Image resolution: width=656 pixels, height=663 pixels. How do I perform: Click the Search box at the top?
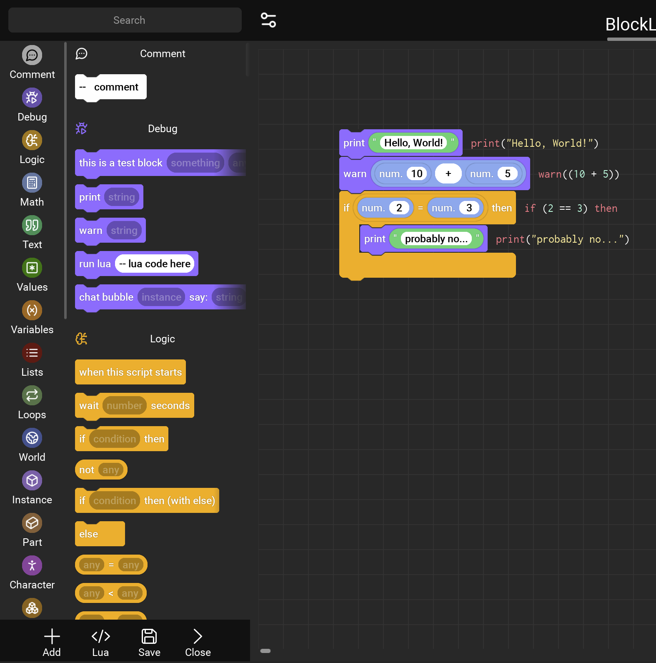(x=125, y=20)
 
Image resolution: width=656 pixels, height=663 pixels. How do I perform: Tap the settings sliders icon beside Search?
(x=268, y=20)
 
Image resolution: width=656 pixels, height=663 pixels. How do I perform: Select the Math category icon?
(x=32, y=183)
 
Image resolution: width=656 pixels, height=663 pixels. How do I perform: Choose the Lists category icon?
(x=32, y=353)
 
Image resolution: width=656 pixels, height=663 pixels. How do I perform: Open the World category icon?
(x=32, y=438)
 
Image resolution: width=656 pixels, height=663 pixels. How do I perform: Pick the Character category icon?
(x=32, y=565)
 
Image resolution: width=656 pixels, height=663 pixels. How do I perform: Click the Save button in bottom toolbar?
(x=149, y=642)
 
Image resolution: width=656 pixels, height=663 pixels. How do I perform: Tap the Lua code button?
(x=100, y=642)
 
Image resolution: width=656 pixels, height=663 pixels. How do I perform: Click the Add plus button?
(x=52, y=642)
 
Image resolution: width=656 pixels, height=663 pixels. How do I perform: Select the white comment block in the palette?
(x=111, y=87)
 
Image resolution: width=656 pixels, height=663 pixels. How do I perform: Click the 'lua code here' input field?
(x=155, y=264)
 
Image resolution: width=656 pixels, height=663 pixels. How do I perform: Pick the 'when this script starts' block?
(x=130, y=372)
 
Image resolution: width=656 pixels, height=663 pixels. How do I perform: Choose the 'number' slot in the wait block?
(x=124, y=405)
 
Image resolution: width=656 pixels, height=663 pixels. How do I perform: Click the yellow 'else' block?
(x=100, y=534)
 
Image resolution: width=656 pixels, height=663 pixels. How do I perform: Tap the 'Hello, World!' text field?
(x=413, y=143)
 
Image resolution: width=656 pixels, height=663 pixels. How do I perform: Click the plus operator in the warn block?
(x=448, y=173)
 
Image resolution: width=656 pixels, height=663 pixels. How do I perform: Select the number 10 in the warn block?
(x=417, y=173)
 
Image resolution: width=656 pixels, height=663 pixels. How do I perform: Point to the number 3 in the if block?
(x=469, y=208)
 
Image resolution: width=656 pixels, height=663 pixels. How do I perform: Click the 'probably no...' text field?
(x=436, y=239)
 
